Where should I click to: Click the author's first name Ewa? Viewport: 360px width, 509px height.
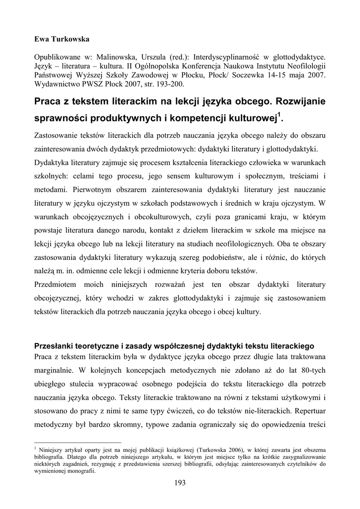[x=41, y=39]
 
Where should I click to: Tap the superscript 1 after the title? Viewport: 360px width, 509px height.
[x=280, y=116]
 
